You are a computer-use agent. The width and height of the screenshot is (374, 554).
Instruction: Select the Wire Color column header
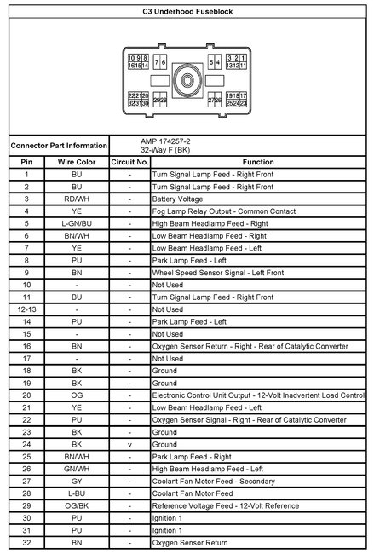(77, 161)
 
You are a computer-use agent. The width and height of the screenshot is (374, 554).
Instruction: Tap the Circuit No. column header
(129, 161)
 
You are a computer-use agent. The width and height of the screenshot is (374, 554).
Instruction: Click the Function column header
(258, 161)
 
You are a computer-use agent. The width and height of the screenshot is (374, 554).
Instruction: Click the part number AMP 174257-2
(167, 141)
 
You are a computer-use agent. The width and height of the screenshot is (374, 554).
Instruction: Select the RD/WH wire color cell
(77, 198)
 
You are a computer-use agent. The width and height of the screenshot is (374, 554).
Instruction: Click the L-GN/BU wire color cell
(77, 222)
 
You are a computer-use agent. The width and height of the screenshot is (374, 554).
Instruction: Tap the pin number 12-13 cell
(27, 309)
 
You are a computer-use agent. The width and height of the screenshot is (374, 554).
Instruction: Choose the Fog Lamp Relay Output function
(217, 211)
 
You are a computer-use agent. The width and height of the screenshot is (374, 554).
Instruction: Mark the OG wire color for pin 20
(77, 395)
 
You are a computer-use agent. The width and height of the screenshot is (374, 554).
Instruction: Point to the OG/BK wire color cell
(77, 506)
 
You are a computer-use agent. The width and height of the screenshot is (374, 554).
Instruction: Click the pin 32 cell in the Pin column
(27, 543)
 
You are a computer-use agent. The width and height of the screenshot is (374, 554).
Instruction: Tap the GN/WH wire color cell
(77, 470)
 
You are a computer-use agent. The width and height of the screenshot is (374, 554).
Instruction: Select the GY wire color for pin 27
(77, 482)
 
